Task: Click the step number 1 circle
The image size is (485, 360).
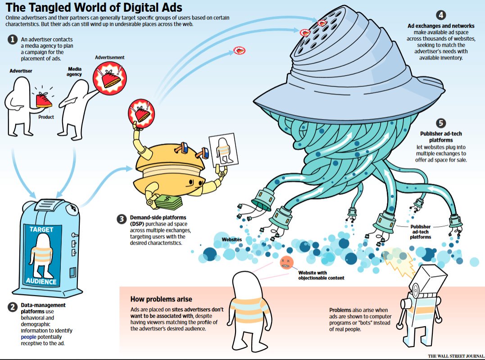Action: coord(13,40)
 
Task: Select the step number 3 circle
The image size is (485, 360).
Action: coord(121,219)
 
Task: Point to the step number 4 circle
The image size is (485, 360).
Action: coord(441,15)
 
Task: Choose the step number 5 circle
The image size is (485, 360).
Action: coord(441,123)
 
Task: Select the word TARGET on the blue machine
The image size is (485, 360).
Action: coord(41,229)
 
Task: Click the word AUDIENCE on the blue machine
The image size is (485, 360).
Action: coord(41,282)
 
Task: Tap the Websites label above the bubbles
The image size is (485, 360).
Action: coord(231,239)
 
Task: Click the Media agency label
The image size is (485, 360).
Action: coord(75,71)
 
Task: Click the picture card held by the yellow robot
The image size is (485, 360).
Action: coord(222,148)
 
